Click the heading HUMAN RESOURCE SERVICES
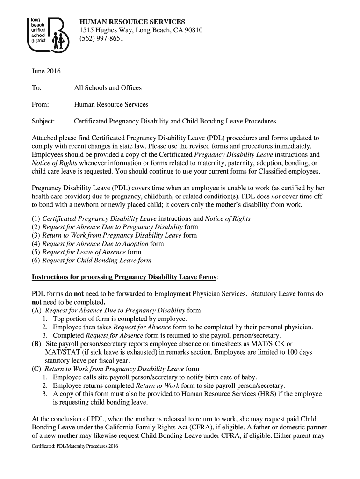click(x=132, y=22)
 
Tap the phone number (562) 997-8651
click(x=101, y=39)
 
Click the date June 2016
click(x=46, y=71)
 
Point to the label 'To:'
click(x=36, y=88)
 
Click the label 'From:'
click(x=40, y=105)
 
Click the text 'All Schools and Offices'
click(x=108, y=88)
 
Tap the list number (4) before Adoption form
click(x=36, y=244)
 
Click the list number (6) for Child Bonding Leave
click(x=36, y=261)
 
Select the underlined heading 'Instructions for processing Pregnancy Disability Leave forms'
click(x=124, y=277)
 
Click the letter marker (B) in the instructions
click(x=36, y=344)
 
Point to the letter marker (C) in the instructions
click(x=36, y=369)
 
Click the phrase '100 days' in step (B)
click(x=299, y=352)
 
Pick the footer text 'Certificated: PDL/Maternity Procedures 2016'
click(x=75, y=447)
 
